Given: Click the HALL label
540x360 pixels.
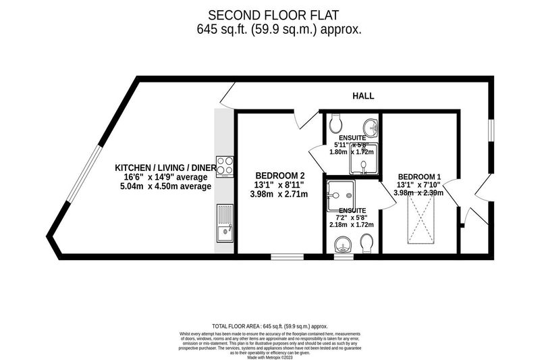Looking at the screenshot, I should (x=363, y=96).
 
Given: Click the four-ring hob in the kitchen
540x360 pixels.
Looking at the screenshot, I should (x=226, y=166).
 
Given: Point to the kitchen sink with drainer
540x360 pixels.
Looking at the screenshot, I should (x=225, y=224).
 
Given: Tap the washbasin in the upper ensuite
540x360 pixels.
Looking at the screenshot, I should (x=369, y=127).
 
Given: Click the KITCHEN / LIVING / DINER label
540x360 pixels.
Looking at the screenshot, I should (x=165, y=168).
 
